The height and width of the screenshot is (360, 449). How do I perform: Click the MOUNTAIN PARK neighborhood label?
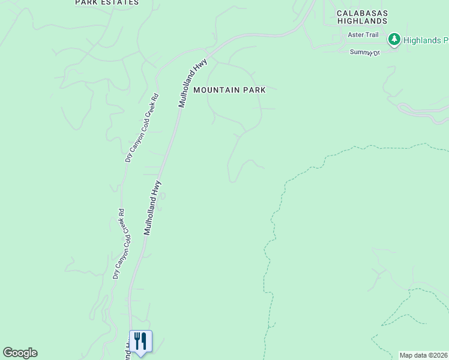(x=229, y=90)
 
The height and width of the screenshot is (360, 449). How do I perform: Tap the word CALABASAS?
(x=362, y=13)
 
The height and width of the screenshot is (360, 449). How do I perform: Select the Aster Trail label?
(x=363, y=35)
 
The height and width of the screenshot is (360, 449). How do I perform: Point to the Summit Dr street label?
(x=365, y=52)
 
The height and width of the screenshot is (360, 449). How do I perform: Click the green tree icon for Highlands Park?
(x=394, y=40)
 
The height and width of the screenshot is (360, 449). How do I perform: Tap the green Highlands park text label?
(x=426, y=41)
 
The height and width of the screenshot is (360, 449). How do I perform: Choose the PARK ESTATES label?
(x=107, y=2)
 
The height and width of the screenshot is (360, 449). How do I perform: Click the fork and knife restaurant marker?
(x=140, y=341)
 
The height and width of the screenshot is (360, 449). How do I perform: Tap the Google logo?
(x=20, y=353)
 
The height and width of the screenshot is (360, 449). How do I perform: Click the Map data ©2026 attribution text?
(x=423, y=355)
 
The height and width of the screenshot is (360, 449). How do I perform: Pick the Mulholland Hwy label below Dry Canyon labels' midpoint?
(x=152, y=207)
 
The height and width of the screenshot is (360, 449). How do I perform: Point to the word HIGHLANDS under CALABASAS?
(x=362, y=21)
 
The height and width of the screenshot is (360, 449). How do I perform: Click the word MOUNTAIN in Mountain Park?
(x=216, y=90)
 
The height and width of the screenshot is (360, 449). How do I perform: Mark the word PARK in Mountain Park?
(x=254, y=90)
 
